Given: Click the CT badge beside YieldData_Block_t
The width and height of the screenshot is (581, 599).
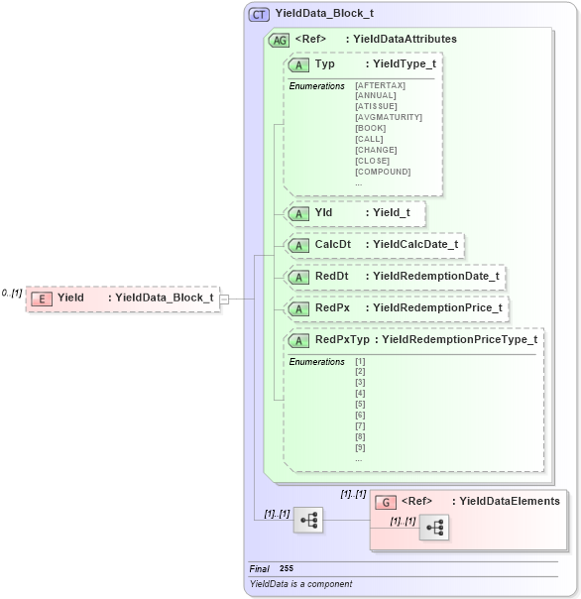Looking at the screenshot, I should tap(259, 15).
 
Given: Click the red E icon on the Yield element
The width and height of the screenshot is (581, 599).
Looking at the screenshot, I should tap(42, 298).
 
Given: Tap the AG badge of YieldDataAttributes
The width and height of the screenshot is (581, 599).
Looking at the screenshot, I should tap(279, 40).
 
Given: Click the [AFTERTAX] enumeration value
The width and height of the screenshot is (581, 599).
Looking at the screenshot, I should tap(380, 85).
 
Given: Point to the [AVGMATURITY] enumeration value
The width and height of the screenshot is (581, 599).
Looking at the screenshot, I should tap(388, 117).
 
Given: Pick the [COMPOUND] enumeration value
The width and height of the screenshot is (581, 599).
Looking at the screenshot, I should tap(382, 172).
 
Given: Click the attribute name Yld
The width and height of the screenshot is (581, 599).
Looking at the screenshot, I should tap(323, 212).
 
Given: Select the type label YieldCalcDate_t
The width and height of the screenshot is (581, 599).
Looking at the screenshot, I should tap(411, 244).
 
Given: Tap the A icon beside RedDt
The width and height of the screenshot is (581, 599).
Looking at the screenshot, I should tap(298, 277).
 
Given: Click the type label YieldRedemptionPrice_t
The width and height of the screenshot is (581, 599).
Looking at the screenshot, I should tap(433, 308).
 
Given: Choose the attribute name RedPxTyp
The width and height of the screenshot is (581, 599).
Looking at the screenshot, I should tap(341, 340).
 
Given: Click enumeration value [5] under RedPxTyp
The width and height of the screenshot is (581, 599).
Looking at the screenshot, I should tap(360, 404).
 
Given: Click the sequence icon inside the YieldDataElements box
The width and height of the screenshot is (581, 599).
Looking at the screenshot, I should tap(433, 529).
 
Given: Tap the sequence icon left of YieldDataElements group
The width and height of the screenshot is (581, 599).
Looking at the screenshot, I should tap(308, 520).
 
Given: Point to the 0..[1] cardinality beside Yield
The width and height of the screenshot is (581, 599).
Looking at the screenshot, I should tap(12, 294).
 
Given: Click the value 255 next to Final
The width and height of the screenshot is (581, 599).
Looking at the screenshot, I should tap(287, 568).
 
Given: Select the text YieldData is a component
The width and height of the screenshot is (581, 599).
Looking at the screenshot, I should tap(300, 584).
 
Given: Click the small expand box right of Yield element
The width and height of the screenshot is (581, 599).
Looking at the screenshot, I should tap(225, 298).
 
